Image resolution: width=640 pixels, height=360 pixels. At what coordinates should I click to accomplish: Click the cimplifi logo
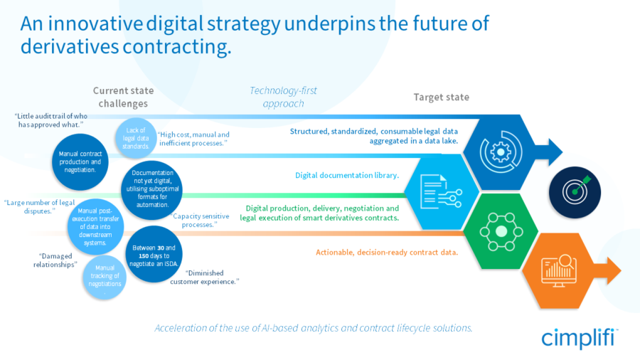pos(580,338)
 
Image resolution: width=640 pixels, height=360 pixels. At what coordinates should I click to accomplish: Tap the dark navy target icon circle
pos(575,192)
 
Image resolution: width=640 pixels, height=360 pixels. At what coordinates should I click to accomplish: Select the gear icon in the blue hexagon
pos(501,152)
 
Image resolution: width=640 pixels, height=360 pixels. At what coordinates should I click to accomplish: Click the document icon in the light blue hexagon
pos(441,191)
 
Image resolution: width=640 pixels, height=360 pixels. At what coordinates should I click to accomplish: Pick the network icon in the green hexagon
pos(501,231)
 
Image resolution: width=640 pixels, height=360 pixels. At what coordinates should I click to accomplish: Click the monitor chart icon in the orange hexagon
pos(559,270)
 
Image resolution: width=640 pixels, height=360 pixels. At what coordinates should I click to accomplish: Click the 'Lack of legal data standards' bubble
pos(136,138)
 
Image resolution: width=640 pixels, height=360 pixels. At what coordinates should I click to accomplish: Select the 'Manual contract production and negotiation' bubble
pos(80,162)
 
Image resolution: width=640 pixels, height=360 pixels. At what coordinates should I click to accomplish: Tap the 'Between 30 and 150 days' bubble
pos(154,255)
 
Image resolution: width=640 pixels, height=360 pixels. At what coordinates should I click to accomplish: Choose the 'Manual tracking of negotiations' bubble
pos(105,277)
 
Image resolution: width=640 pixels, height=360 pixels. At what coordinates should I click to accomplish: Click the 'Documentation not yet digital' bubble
pos(152,189)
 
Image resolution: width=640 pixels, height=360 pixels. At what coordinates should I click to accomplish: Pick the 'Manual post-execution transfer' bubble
pos(95,226)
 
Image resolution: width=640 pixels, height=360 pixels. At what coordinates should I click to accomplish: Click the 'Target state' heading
pos(441,97)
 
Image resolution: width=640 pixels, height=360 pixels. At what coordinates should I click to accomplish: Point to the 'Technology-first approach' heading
pos(283,97)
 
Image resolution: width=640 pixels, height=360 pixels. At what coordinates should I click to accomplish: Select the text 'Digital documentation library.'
pos(347,175)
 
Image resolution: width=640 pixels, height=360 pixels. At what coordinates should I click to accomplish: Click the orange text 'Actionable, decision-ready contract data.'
pos(387,253)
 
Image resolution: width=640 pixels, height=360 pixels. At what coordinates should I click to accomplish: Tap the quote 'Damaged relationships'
pos(55,260)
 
